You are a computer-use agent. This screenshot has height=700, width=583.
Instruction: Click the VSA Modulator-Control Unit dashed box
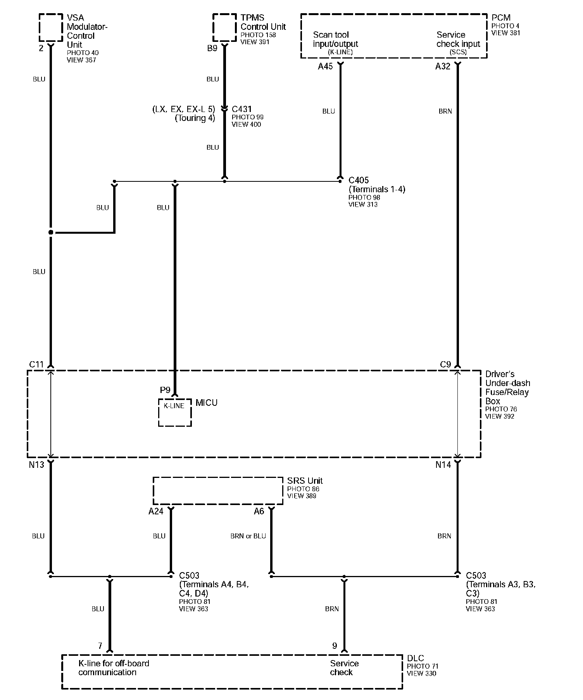[51, 28]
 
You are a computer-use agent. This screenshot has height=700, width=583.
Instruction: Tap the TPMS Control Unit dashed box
[224, 28]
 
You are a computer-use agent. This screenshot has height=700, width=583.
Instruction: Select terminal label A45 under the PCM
[325, 67]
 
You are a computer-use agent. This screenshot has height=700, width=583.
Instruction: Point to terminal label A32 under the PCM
[443, 67]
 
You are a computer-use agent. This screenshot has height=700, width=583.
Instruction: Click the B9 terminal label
[212, 49]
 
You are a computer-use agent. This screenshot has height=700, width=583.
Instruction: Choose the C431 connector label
[242, 109]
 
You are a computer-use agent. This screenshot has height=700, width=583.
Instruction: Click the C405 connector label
[359, 180]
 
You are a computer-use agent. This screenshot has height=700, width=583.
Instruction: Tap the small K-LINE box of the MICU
[175, 412]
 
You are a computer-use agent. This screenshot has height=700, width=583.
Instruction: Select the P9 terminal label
[165, 390]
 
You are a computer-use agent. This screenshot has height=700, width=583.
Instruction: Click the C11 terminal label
[36, 365]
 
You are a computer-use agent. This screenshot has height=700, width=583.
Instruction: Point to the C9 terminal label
[445, 365]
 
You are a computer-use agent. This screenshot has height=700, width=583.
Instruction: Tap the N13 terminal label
[36, 464]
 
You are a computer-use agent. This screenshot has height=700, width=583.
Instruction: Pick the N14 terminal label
[443, 464]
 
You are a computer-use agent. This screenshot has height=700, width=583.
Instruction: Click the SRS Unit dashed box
[218, 491]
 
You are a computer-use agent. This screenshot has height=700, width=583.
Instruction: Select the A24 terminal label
[156, 512]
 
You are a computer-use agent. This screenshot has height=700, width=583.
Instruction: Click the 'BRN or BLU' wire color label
[248, 536]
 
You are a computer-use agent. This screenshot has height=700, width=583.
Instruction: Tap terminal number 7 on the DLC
[100, 646]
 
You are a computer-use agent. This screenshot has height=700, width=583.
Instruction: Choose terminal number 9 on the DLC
[335, 646]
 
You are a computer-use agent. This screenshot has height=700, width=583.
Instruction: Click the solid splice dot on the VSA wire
[51, 233]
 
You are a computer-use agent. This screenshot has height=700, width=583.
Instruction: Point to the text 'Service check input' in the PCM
[458, 40]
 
